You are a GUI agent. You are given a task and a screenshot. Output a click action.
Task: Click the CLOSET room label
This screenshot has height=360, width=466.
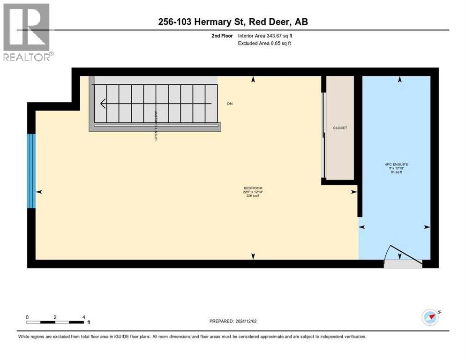point(340,127)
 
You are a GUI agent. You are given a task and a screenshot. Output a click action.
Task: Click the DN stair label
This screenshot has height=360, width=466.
point(230,103)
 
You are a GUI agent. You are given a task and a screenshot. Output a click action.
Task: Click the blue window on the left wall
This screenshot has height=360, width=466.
point(31,171)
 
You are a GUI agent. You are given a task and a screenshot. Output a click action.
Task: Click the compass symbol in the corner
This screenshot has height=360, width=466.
point(430,317)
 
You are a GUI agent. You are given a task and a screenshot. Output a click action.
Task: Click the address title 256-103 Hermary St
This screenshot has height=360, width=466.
point(233,22)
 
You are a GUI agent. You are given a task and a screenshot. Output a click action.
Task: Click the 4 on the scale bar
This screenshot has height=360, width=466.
point(83,317)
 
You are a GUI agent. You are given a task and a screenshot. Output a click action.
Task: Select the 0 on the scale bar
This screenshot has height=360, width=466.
point(28,317)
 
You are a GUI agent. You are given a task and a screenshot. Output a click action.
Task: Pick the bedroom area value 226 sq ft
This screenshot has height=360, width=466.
point(253,196)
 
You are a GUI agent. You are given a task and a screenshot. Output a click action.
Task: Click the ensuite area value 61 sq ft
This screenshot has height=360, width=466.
point(396,172)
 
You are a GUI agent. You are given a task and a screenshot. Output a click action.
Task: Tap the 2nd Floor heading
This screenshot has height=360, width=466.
point(222,36)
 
